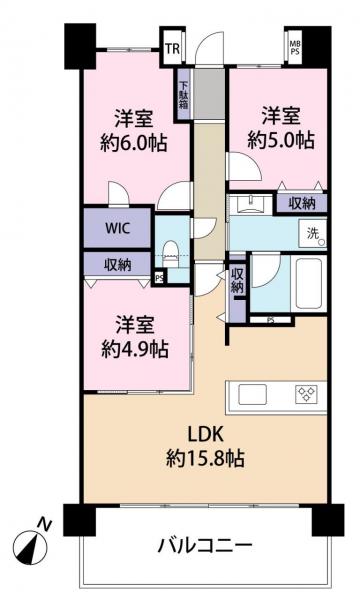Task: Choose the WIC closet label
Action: click(118, 227)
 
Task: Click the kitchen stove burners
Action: click(306, 393)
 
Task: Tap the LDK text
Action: click(208, 436)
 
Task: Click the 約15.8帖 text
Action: click(208, 461)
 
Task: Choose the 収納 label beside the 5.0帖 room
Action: click(302, 203)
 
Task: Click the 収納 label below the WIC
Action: click(117, 264)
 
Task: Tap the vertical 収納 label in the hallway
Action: click(236, 279)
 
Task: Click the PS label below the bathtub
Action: click(272, 320)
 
